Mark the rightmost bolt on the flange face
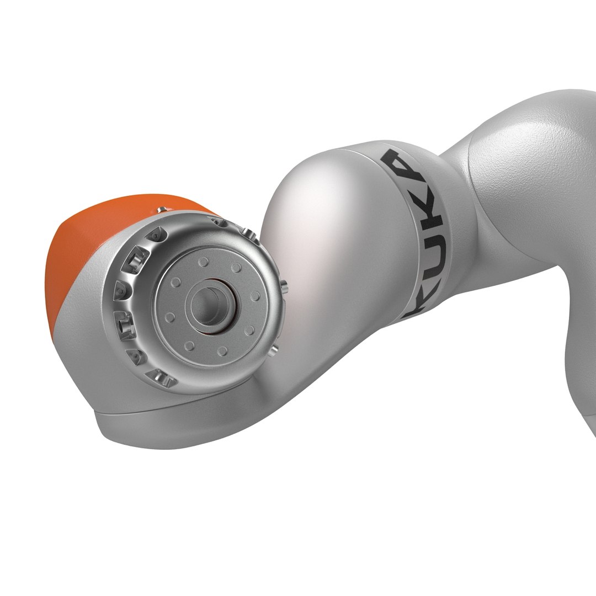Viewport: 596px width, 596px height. (x=255, y=296)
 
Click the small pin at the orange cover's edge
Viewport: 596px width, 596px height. (x=161, y=210)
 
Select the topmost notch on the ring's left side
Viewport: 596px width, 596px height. (x=156, y=234)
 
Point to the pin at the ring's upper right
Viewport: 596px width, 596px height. (x=247, y=232)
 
